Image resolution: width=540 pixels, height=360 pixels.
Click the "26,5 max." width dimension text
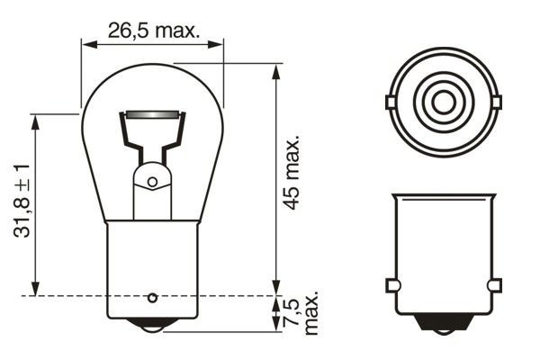(x=152, y=31)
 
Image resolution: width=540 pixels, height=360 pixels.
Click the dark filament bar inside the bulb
(x=151, y=114)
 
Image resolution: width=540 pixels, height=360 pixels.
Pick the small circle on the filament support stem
(x=152, y=182)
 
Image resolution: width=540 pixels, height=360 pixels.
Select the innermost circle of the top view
(x=442, y=102)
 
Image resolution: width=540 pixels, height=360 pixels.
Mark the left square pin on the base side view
(x=391, y=285)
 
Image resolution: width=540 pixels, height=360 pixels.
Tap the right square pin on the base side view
(x=493, y=285)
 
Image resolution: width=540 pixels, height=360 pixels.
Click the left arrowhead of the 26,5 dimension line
(x=86, y=41)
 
